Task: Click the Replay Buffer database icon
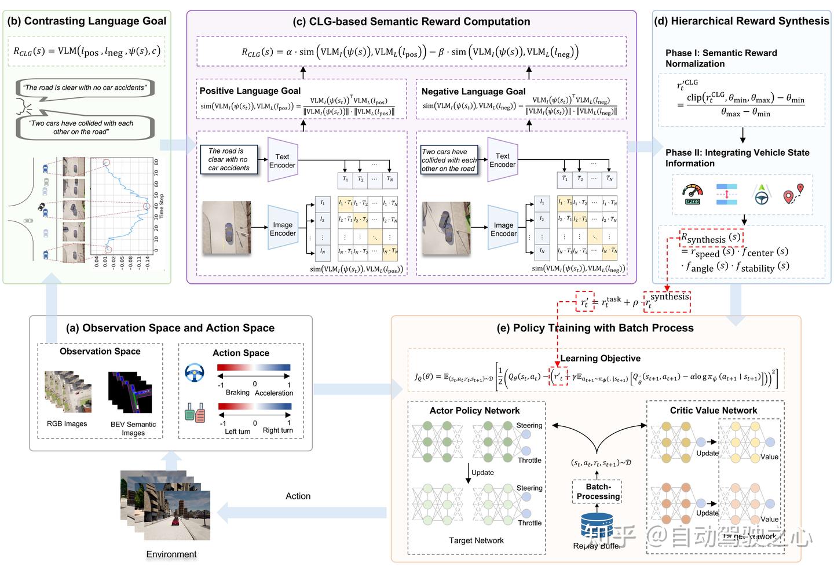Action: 597,524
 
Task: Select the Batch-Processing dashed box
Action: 598,492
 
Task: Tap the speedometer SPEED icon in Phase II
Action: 692,195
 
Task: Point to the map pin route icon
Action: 793,195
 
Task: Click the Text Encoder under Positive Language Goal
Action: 282,160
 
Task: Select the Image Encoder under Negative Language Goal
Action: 503,229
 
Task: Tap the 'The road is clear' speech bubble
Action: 85,88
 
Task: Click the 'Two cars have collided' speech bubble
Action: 85,127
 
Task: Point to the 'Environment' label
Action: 171,554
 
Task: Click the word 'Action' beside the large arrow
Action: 298,496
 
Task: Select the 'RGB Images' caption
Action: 67,424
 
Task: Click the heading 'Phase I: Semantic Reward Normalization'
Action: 721,59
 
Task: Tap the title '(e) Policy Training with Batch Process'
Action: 595,328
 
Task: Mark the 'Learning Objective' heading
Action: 600,359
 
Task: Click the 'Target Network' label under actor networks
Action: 476,540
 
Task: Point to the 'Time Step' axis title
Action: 162,206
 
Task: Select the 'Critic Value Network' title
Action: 713,410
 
